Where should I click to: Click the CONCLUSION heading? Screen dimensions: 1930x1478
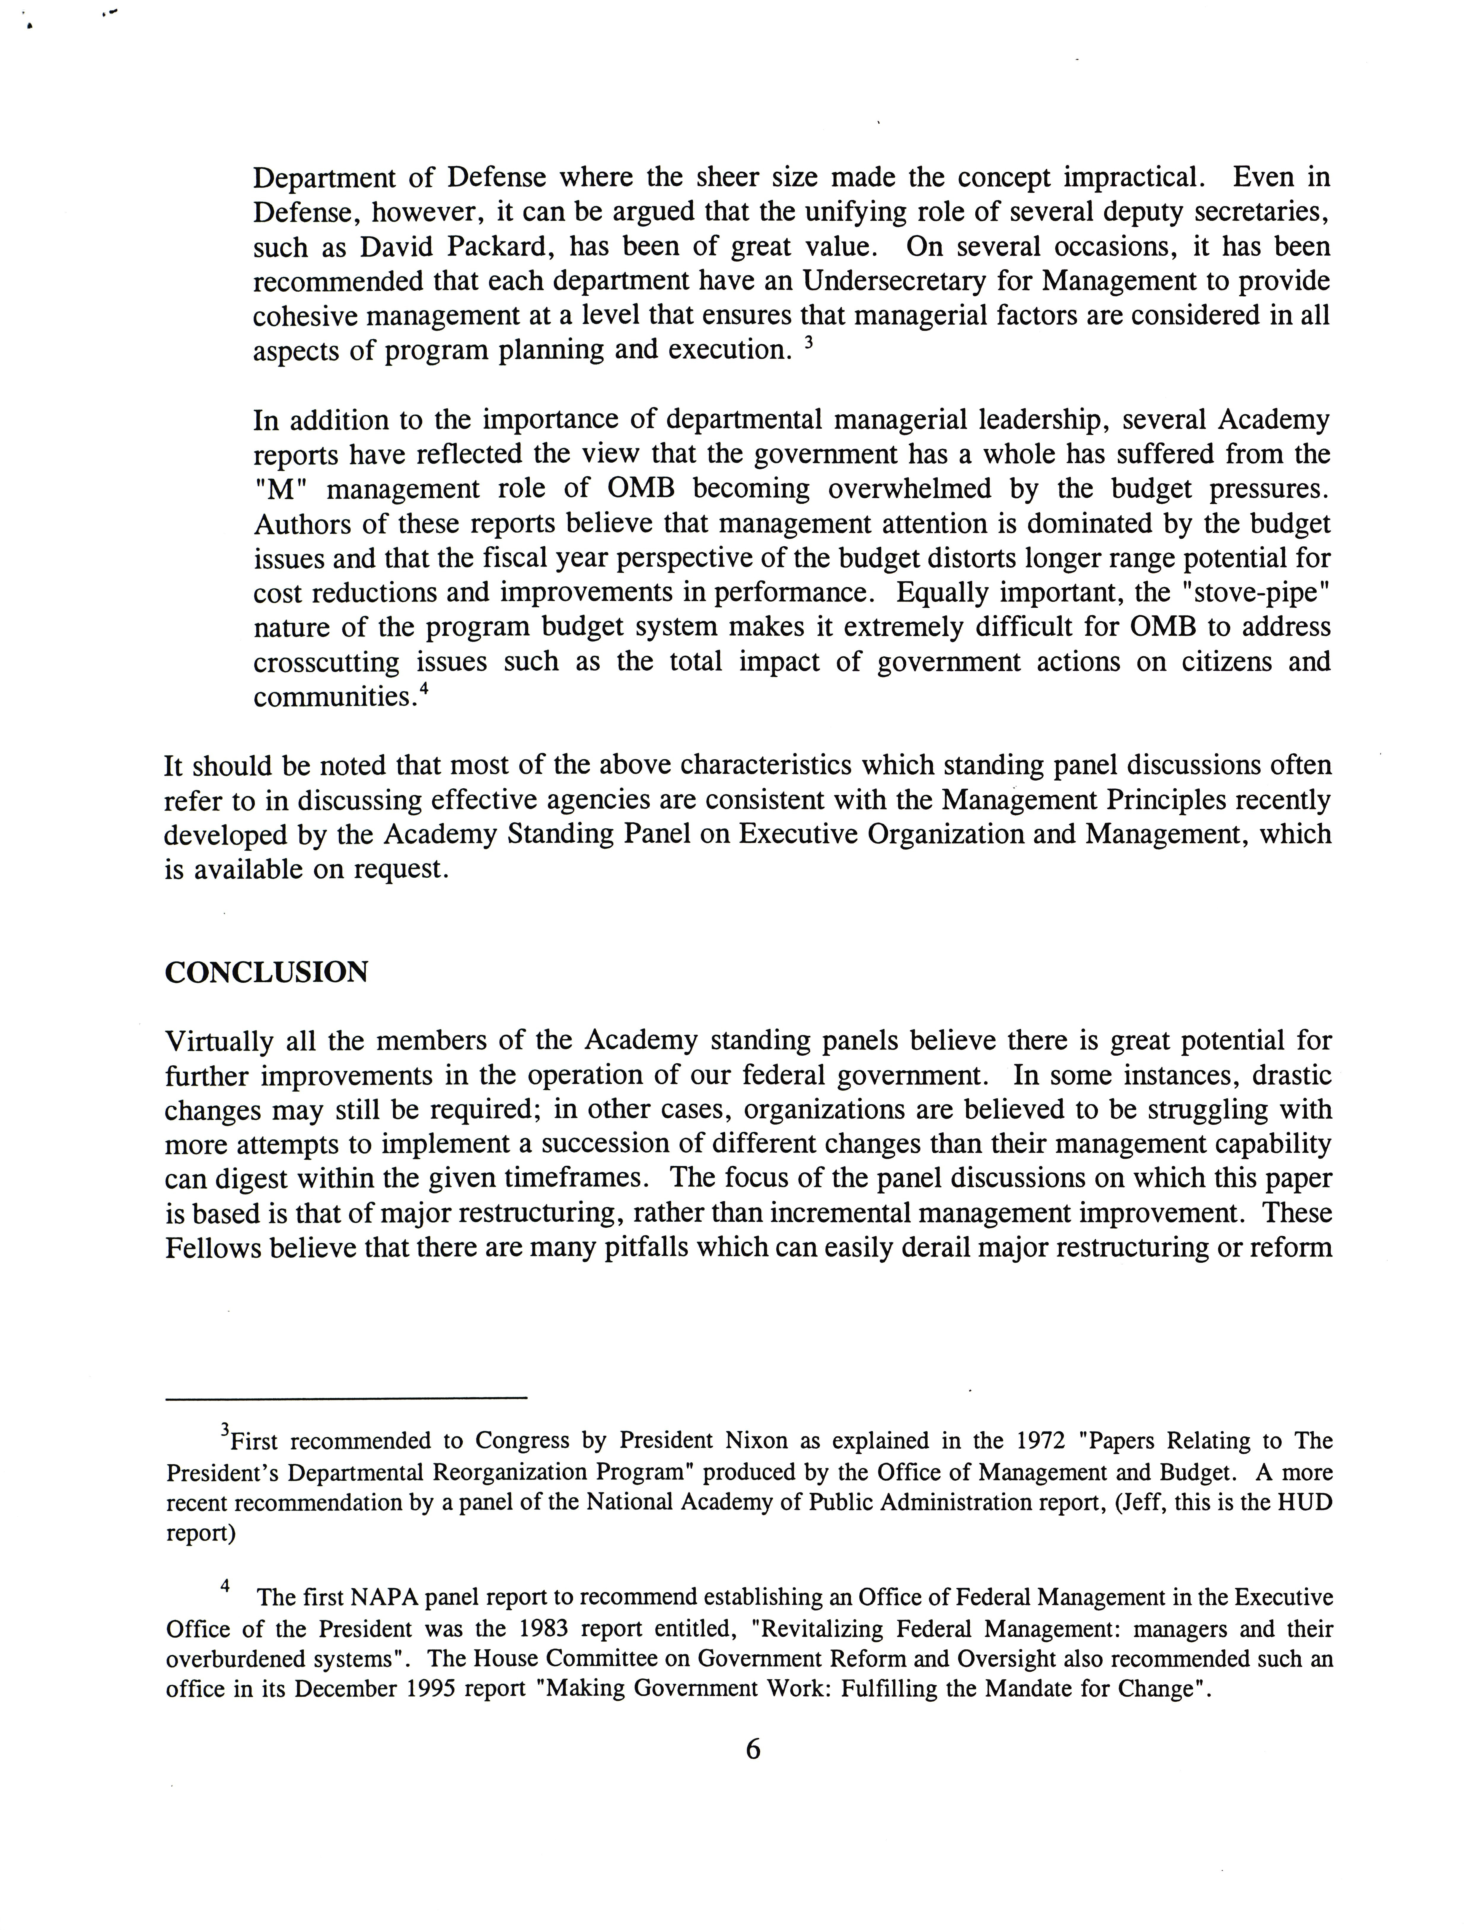click(267, 972)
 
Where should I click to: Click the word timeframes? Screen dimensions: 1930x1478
click(576, 1179)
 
